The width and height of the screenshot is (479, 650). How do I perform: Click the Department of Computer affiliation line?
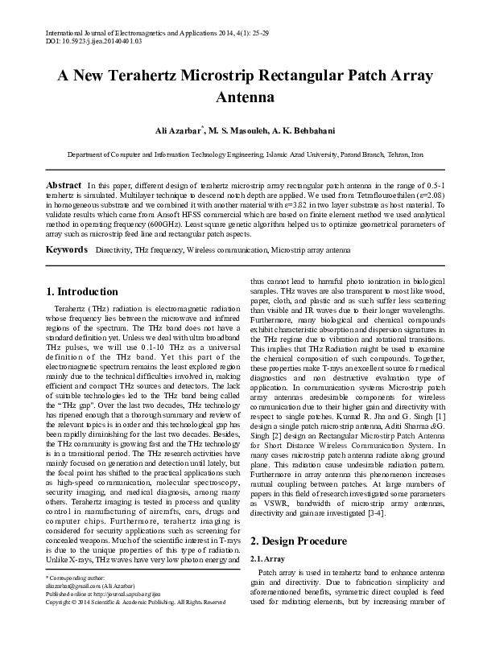pos(239,154)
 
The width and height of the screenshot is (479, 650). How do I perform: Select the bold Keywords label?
pos(66,250)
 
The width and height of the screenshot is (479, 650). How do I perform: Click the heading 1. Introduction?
pos(82,291)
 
